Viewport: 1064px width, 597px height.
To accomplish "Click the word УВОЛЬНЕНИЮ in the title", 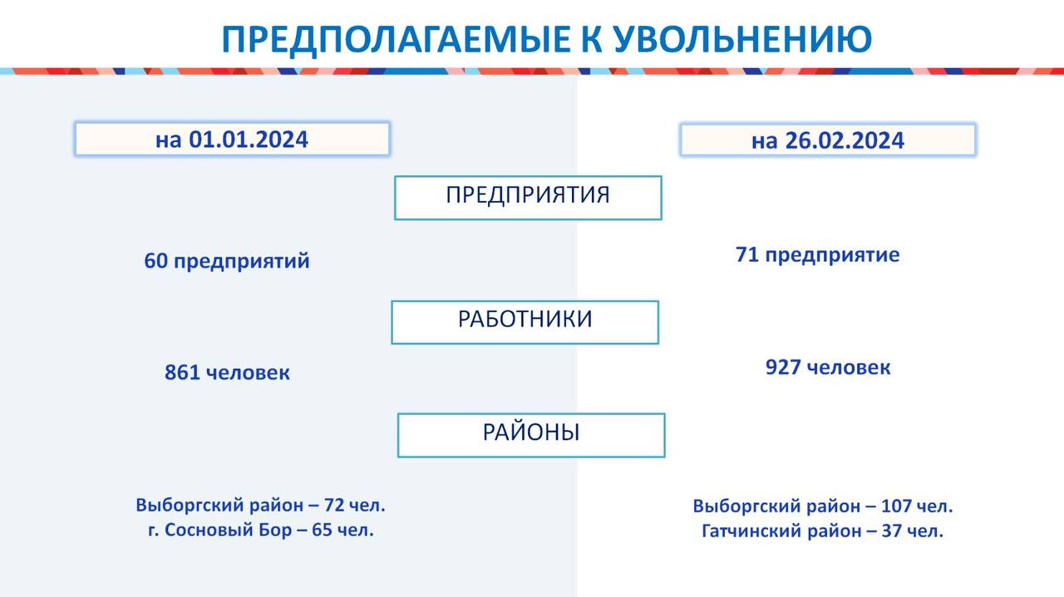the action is (x=742, y=39).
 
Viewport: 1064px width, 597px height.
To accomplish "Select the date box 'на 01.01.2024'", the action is (x=232, y=139).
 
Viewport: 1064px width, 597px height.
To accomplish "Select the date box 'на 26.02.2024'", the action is (x=828, y=140).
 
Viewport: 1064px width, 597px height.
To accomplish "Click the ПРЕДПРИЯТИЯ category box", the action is (x=528, y=198).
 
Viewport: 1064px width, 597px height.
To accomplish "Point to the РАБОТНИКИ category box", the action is (x=525, y=322).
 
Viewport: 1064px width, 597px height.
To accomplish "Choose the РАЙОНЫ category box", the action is (x=531, y=435).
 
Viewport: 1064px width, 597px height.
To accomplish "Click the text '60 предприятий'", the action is (x=227, y=262).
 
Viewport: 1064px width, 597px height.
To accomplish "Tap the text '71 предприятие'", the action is (x=817, y=255).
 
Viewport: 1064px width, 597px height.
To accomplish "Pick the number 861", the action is (x=182, y=373).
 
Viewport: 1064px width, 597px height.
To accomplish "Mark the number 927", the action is (x=783, y=367).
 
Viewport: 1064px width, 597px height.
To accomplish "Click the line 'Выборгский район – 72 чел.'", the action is (x=260, y=506).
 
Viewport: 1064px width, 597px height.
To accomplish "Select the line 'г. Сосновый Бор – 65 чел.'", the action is (x=261, y=530).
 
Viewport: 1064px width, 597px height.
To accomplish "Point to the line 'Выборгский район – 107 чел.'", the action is (x=823, y=506).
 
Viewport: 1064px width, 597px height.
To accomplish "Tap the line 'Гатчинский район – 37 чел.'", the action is (x=822, y=531).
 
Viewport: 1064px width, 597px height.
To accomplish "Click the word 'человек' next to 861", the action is (x=248, y=373).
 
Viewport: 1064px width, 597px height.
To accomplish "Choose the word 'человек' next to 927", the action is (x=849, y=368).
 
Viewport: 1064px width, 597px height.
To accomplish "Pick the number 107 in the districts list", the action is (x=896, y=506).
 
